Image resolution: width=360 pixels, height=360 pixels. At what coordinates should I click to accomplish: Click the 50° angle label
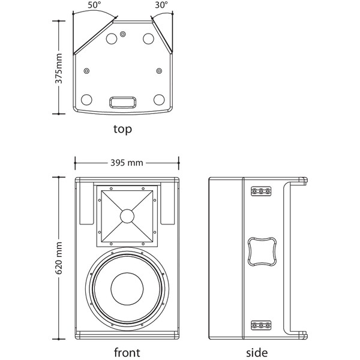pyautogui.click(x=93, y=5)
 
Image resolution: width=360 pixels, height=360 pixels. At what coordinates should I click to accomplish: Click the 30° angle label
pyautogui.click(x=161, y=5)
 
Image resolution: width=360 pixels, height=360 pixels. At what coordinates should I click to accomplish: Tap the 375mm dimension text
pyautogui.click(x=59, y=68)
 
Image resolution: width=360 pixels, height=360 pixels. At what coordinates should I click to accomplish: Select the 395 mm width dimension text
pyautogui.click(x=127, y=163)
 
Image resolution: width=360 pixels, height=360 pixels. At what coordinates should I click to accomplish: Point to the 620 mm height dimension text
pyautogui.click(x=59, y=258)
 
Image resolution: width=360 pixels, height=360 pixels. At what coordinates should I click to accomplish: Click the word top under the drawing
pyautogui.click(x=122, y=129)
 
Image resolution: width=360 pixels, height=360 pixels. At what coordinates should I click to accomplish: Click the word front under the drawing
pyautogui.click(x=127, y=352)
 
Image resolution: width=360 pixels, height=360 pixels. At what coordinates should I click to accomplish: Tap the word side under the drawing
pyautogui.click(x=257, y=352)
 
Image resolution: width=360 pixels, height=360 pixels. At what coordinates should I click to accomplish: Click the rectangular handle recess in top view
pyautogui.click(x=122, y=102)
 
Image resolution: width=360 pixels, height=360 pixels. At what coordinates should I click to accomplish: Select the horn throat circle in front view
pyautogui.click(x=127, y=216)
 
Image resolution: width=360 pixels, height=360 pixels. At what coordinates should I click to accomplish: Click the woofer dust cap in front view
pyautogui.click(x=127, y=289)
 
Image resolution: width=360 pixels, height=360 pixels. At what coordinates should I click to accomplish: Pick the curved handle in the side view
pyautogui.click(x=262, y=251)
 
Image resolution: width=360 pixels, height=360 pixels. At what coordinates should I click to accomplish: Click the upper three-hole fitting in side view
pyautogui.click(x=261, y=191)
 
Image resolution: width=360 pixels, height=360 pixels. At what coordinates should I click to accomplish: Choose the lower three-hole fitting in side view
pyautogui.click(x=261, y=325)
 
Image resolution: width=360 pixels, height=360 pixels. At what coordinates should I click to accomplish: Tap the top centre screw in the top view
pyautogui.click(x=123, y=34)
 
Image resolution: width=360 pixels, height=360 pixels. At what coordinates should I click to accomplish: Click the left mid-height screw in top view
pyautogui.click(x=86, y=71)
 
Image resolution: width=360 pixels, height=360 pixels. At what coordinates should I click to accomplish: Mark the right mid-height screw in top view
pyautogui.click(x=159, y=71)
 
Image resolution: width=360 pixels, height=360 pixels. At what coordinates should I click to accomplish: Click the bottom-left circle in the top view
pyautogui.click(x=86, y=100)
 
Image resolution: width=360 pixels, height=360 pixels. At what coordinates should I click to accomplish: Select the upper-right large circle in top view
pyautogui.click(x=149, y=38)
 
